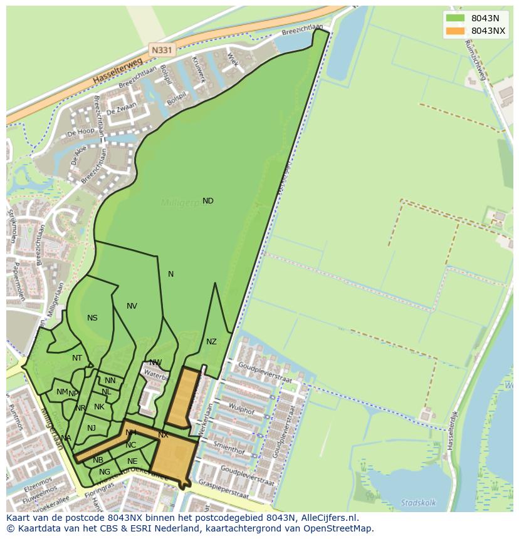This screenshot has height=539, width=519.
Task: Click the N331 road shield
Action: (x=161, y=48)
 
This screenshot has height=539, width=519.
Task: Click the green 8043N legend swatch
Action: (x=455, y=18)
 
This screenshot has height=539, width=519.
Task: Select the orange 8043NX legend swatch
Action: (x=455, y=31)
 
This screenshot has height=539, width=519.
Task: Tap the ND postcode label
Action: (x=208, y=201)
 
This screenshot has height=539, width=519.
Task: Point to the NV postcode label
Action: (x=132, y=306)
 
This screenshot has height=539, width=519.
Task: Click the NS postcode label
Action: (x=92, y=318)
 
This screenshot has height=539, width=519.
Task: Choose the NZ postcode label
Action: (x=211, y=342)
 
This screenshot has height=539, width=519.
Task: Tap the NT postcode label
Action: (x=77, y=358)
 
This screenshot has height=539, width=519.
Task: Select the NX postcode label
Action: (x=163, y=434)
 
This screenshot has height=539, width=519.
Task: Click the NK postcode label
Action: (x=99, y=407)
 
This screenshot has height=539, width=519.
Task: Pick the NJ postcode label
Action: (x=92, y=428)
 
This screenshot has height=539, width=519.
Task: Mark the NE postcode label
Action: (x=132, y=461)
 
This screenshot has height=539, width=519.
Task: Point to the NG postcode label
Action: (x=105, y=472)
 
